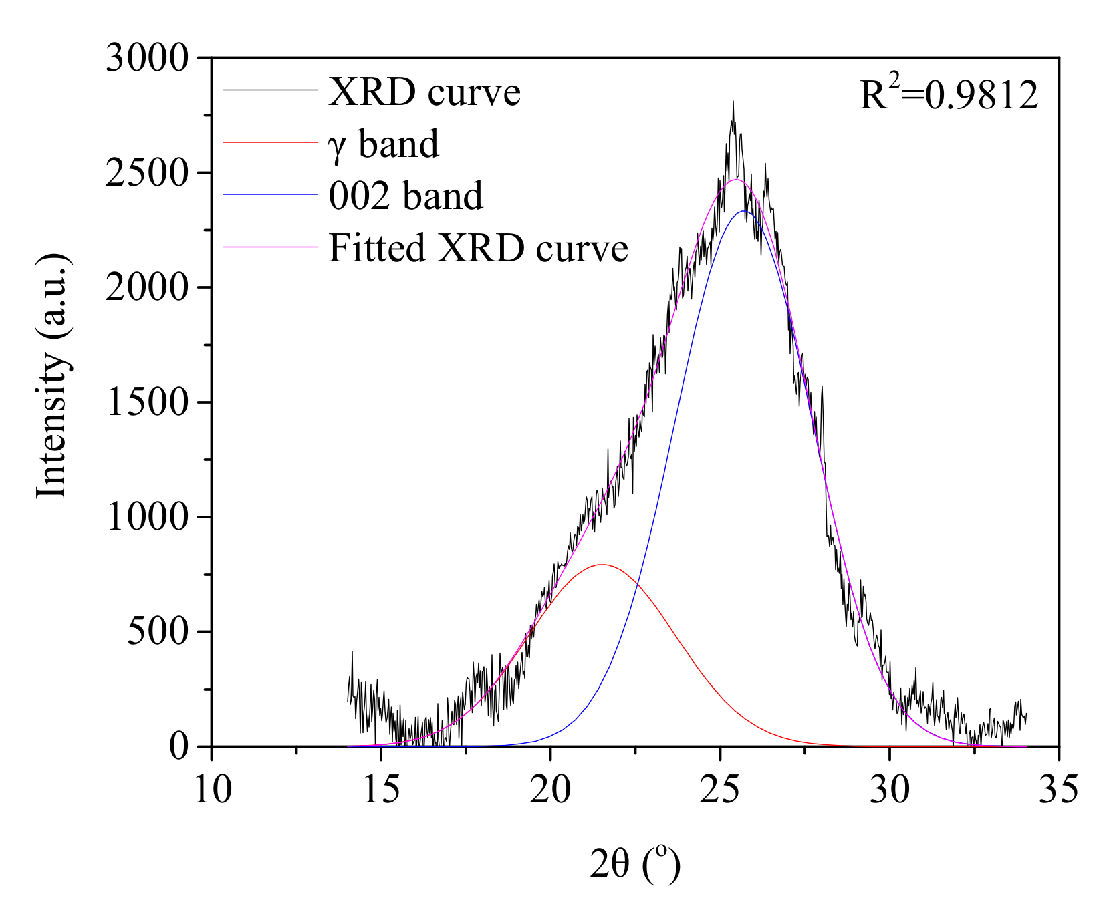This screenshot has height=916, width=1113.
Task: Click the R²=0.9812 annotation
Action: click(949, 96)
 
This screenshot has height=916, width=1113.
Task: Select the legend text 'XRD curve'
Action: click(424, 92)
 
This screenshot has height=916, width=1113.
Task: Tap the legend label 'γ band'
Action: click(384, 144)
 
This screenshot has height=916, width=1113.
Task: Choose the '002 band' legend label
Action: click(405, 196)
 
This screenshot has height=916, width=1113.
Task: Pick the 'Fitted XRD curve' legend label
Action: click(478, 248)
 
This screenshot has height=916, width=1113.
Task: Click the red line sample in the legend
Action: click(269, 142)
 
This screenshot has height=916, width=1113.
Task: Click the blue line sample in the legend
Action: click(269, 194)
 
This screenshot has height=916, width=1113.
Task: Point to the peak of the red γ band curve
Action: click(602, 565)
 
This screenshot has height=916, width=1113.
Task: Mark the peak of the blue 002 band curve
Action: click(743, 212)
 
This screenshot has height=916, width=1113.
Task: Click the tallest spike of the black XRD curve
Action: click(733, 102)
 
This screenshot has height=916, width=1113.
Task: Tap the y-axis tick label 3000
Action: click(148, 58)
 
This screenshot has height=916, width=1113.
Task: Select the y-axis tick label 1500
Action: click(148, 402)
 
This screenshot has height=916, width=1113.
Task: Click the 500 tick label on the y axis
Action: click(158, 631)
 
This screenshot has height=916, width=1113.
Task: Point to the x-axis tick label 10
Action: click(212, 789)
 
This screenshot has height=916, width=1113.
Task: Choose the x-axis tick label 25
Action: click(720, 789)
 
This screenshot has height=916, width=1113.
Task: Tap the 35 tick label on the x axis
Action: click(1059, 789)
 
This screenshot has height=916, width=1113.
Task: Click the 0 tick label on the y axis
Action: click(178, 746)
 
